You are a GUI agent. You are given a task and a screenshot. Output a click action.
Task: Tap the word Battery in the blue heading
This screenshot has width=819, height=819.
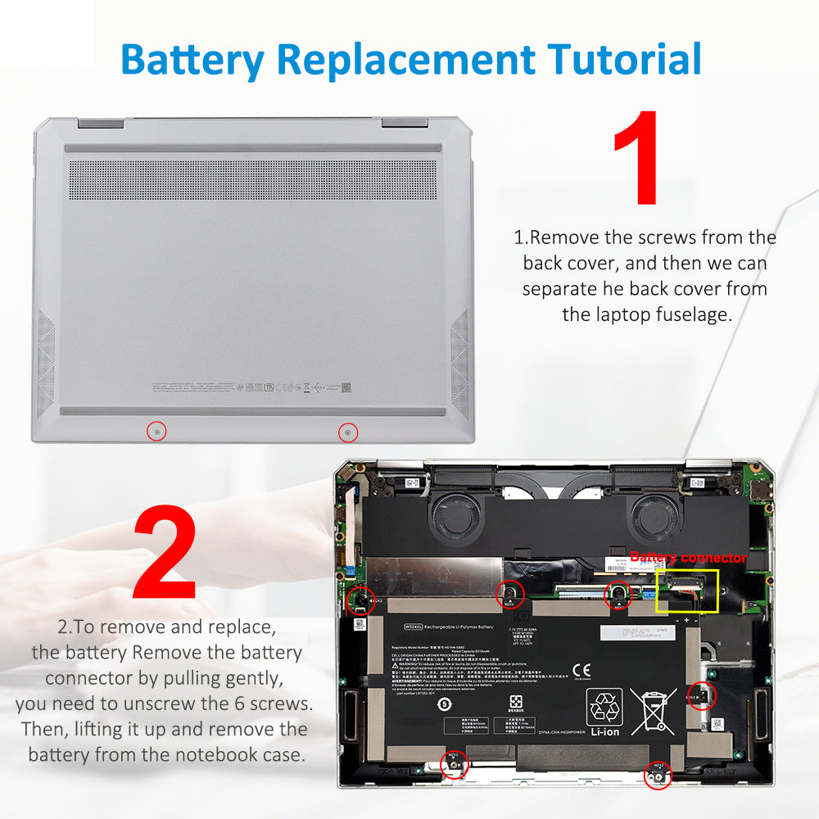pyautogui.click(x=193, y=59)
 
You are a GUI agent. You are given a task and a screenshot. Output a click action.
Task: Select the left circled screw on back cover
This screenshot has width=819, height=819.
pyautogui.click(x=156, y=432)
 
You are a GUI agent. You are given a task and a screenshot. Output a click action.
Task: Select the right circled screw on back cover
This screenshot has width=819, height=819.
pyautogui.click(x=348, y=432)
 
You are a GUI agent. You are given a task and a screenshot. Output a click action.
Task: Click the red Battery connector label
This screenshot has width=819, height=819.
pyautogui.click(x=688, y=558)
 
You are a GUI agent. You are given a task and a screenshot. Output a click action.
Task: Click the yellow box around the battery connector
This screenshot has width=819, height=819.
pyautogui.click(x=687, y=590)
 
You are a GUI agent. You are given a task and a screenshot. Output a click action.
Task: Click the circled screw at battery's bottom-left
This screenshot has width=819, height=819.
pyautogui.click(x=452, y=765)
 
